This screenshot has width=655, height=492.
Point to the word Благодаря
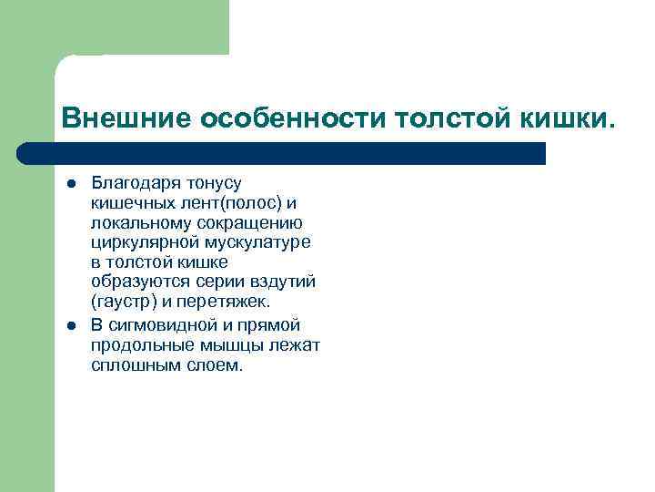[134, 184]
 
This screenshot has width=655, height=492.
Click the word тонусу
[211, 184]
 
